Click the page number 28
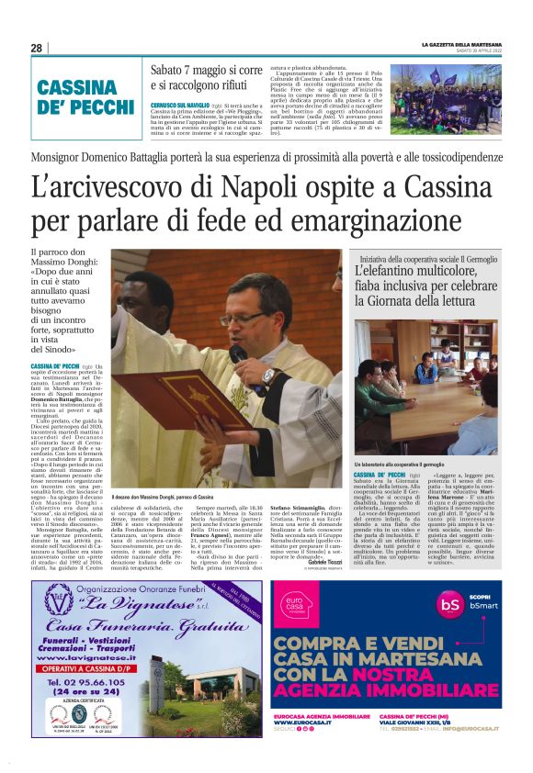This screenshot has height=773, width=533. [36, 48]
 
